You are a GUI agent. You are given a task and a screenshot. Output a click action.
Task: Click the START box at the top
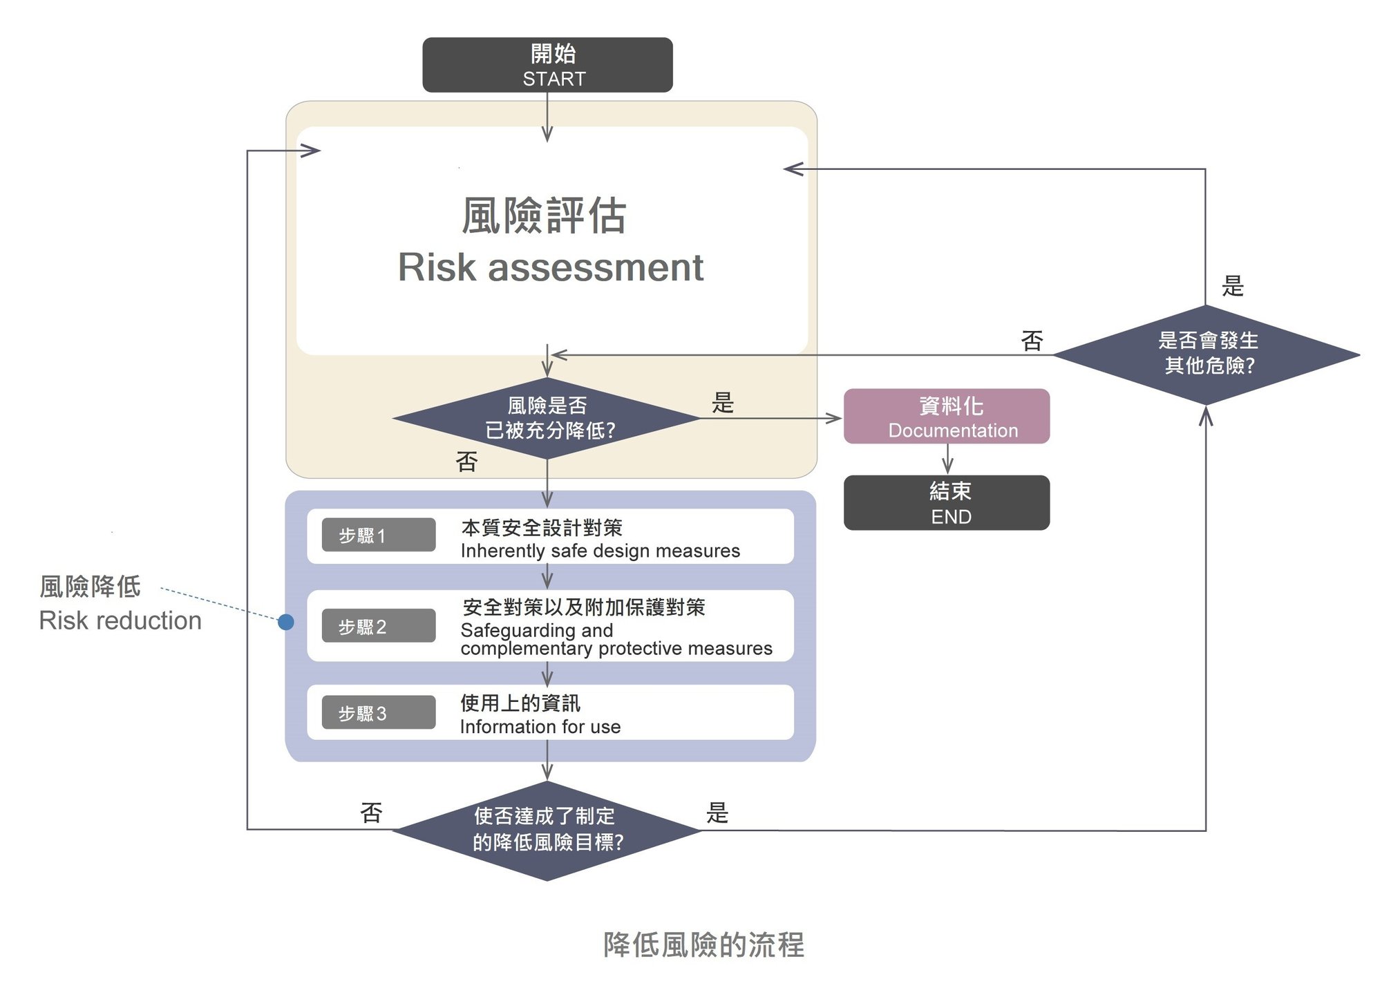tap(547, 65)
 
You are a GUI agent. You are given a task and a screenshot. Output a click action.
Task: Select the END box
tap(947, 503)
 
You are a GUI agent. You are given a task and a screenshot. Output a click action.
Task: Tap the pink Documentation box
tap(947, 417)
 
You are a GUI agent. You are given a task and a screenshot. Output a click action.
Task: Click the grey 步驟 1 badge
tap(379, 535)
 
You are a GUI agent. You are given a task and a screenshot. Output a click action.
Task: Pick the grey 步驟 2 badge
tap(379, 626)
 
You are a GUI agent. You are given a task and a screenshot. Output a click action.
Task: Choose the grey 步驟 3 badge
tap(379, 713)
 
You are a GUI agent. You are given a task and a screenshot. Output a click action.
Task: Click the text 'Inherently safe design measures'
tap(600, 551)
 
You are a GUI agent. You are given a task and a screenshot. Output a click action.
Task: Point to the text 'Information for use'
tap(540, 727)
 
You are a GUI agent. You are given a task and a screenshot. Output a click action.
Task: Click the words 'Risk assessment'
tap(550, 267)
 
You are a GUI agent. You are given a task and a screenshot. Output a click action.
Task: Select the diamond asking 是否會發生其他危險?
tap(1206, 355)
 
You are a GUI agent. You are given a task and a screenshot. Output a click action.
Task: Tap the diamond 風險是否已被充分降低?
tap(547, 418)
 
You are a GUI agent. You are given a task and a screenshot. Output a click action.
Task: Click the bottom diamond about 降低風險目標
tap(547, 830)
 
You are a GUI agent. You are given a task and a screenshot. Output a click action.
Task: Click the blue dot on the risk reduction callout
tap(286, 623)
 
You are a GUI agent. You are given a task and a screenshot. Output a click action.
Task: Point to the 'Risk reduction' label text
tap(120, 620)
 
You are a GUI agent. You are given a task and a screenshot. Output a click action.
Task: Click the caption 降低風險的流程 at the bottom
tap(703, 944)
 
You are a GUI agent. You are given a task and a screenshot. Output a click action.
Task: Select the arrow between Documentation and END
tap(947, 459)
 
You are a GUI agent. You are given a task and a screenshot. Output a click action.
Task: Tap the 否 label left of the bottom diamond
tap(371, 813)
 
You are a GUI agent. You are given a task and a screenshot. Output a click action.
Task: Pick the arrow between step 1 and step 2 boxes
tap(547, 576)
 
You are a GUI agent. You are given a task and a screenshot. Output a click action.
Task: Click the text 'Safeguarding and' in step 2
tap(536, 630)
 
